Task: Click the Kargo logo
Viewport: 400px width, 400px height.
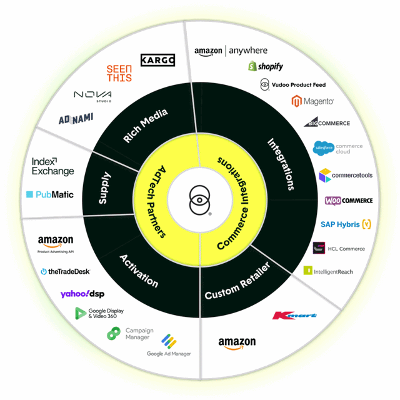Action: click(157, 60)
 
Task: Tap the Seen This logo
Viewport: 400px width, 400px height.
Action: click(119, 74)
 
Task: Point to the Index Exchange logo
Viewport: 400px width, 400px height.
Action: click(52, 166)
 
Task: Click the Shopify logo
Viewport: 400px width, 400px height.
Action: click(265, 66)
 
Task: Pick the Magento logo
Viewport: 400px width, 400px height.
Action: click(312, 101)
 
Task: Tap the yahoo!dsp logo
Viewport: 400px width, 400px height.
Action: click(82, 294)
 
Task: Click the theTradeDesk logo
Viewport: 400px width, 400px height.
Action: click(65, 271)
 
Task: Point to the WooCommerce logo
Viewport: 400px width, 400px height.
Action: click(349, 201)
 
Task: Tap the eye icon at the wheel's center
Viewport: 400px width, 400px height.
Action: click(200, 200)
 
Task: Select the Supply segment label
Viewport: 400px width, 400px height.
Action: click(104, 188)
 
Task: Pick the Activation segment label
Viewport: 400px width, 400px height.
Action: click(138, 271)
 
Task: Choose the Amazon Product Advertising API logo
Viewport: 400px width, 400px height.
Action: click(56, 244)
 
